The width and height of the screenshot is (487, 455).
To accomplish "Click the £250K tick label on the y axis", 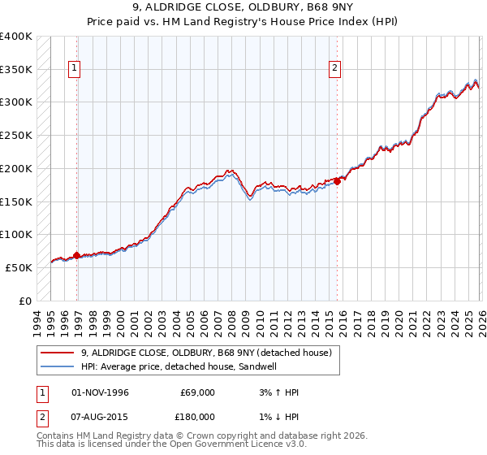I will pos(16,136).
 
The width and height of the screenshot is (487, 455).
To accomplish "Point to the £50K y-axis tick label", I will pos(19,267).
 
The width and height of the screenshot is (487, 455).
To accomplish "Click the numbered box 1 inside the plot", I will pos(74,69).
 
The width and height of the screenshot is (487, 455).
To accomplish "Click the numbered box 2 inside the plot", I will pos(334,69).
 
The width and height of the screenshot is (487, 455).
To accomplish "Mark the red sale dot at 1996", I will pos(77,255).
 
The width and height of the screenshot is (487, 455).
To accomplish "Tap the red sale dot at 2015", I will pos(338,181).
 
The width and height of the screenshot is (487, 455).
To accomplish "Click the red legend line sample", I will pos(57,353).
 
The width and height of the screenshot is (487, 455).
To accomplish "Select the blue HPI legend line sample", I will pos(57,367).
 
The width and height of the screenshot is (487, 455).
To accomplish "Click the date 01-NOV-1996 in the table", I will pos(100,392).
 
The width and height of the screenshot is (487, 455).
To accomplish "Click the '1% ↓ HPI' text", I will pos(276,416).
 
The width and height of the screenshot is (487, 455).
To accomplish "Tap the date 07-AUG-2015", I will pos(100,416).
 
